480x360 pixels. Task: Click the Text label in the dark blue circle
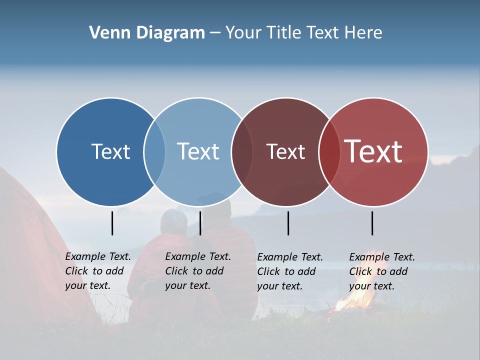[x=110, y=151]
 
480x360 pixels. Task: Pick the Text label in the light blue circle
[x=198, y=151]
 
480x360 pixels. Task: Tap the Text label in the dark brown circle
[x=285, y=151]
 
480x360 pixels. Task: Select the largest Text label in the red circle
[x=373, y=151]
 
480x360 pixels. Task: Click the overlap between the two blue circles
[x=154, y=151]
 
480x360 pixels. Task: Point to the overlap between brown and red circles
[x=329, y=151]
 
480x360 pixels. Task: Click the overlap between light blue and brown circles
[x=242, y=151]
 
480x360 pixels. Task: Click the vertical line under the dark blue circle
[x=112, y=223]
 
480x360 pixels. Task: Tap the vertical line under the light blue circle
[x=200, y=223]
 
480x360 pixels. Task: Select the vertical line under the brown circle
[x=288, y=223]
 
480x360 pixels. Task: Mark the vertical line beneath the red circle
[x=372, y=223]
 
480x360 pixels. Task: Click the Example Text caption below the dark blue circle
[x=98, y=271]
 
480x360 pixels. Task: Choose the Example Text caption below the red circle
[x=382, y=271]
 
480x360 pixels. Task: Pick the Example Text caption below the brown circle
[x=290, y=271]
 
